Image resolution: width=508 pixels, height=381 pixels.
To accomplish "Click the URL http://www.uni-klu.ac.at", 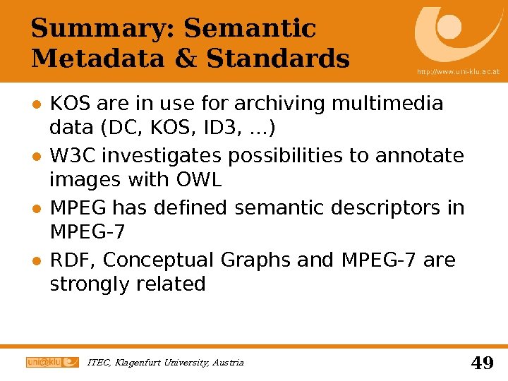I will tap(459, 72).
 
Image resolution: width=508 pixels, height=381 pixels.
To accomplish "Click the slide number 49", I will tap(481, 363).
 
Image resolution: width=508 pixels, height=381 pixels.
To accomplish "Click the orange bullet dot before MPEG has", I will tap(35, 209).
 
